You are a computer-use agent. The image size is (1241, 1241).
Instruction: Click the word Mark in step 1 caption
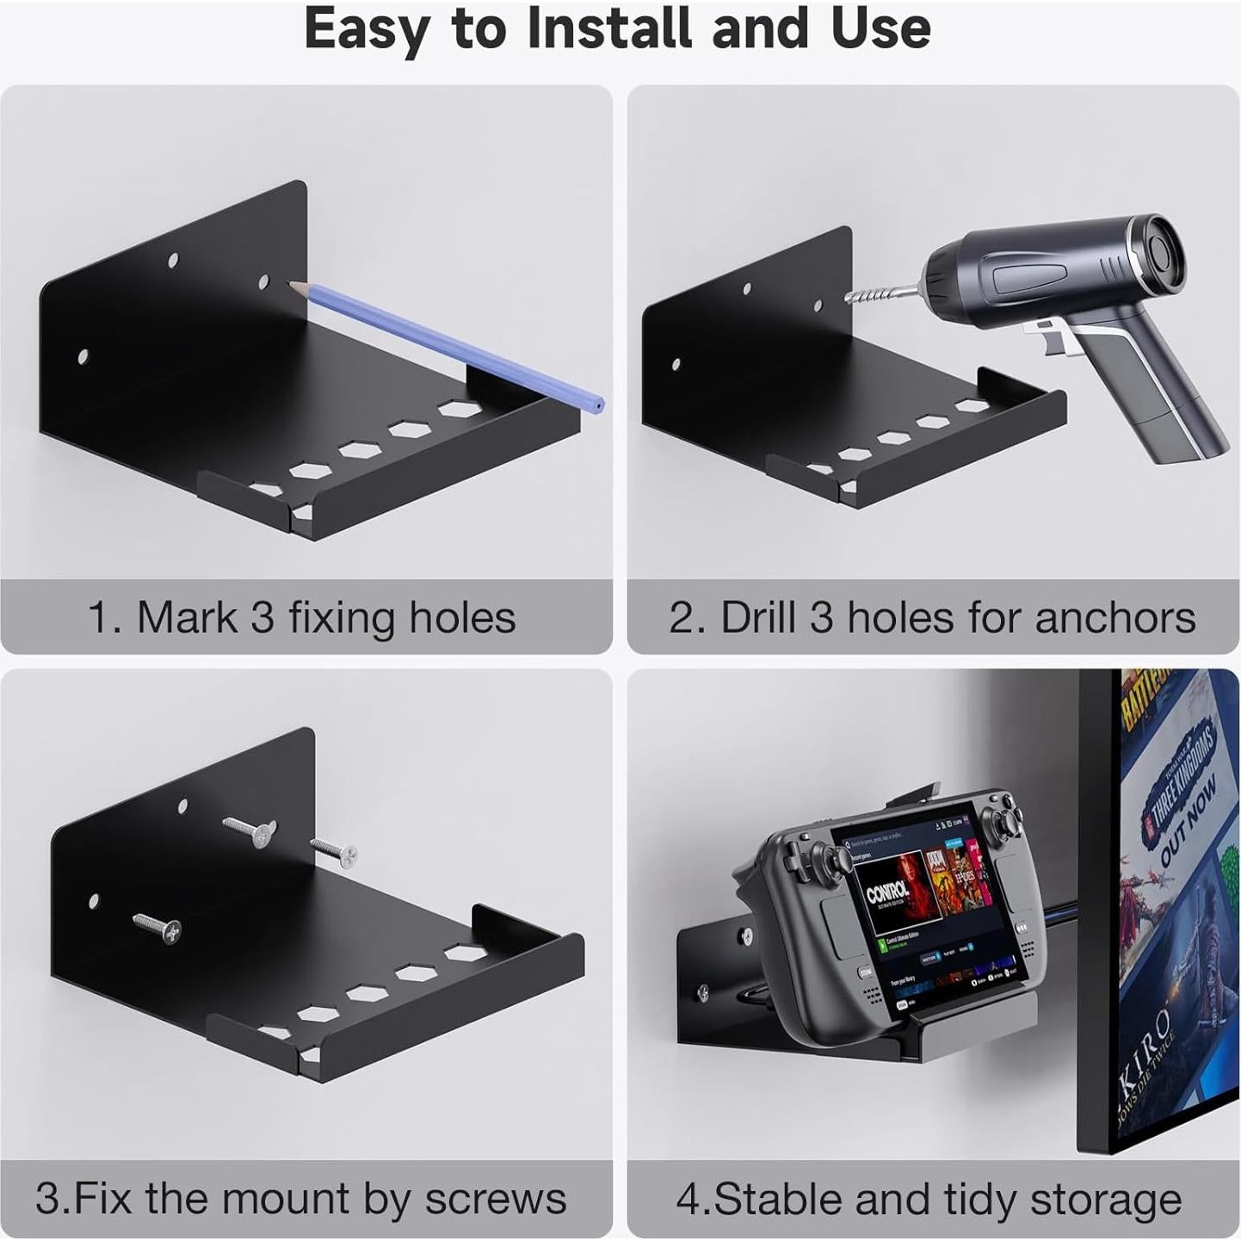coord(185,618)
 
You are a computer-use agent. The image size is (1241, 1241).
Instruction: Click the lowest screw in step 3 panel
coord(157,925)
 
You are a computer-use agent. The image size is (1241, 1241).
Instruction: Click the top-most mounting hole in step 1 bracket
coord(173,259)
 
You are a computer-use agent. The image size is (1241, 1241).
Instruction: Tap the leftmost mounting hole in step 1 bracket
coord(83,356)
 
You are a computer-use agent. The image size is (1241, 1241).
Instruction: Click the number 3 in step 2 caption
coord(821,618)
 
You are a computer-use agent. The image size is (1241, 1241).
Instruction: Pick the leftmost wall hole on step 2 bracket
coord(676,365)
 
